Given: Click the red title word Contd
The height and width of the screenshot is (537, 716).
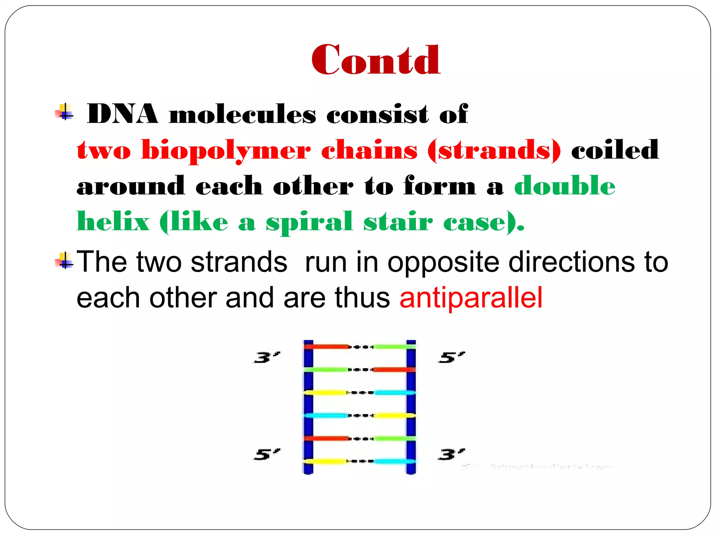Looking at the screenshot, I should [x=376, y=60].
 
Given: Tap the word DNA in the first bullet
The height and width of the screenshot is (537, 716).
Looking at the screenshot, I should [x=122, y=114].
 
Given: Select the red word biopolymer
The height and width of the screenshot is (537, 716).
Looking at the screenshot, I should [x=226, y=150].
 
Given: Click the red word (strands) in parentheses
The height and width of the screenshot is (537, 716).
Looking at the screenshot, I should [x=494, y=150].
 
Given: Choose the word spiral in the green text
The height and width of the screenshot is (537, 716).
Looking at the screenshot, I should [x=309, y=222].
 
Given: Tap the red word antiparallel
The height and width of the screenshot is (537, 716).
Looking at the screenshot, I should [x=471, y=298].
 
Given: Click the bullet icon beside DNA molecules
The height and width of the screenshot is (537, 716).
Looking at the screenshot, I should [x=64, y=112].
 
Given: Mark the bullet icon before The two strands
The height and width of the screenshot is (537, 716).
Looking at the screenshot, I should [x=64, y=261].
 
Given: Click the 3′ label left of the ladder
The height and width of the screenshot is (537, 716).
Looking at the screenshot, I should [x=267, y=357].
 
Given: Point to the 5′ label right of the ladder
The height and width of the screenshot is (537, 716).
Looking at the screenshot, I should [x=451, y=357].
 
